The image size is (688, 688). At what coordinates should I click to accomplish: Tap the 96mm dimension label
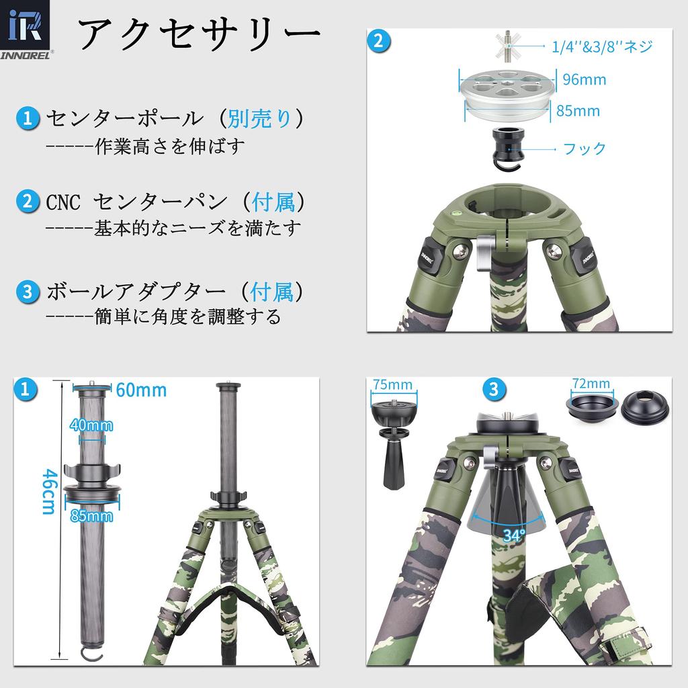584,79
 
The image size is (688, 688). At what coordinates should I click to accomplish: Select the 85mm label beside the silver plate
578,111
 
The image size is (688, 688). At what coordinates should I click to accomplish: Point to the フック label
585,148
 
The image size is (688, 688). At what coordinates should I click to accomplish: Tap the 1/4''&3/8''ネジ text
602,46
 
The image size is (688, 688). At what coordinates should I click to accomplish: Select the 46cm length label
48,491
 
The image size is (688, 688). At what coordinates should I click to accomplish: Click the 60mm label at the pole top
141,390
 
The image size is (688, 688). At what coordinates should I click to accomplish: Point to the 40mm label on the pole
91,425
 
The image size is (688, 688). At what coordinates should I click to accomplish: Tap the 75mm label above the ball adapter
392,385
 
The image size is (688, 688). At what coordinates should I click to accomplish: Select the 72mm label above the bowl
591,384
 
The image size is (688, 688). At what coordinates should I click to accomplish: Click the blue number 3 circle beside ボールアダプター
28,292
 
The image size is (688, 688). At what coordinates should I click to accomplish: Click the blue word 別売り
259,119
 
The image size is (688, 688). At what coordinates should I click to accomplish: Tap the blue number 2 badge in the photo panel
379,40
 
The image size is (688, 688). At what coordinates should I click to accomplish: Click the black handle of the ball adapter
392,464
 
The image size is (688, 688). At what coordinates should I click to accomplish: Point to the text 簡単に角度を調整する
187,316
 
